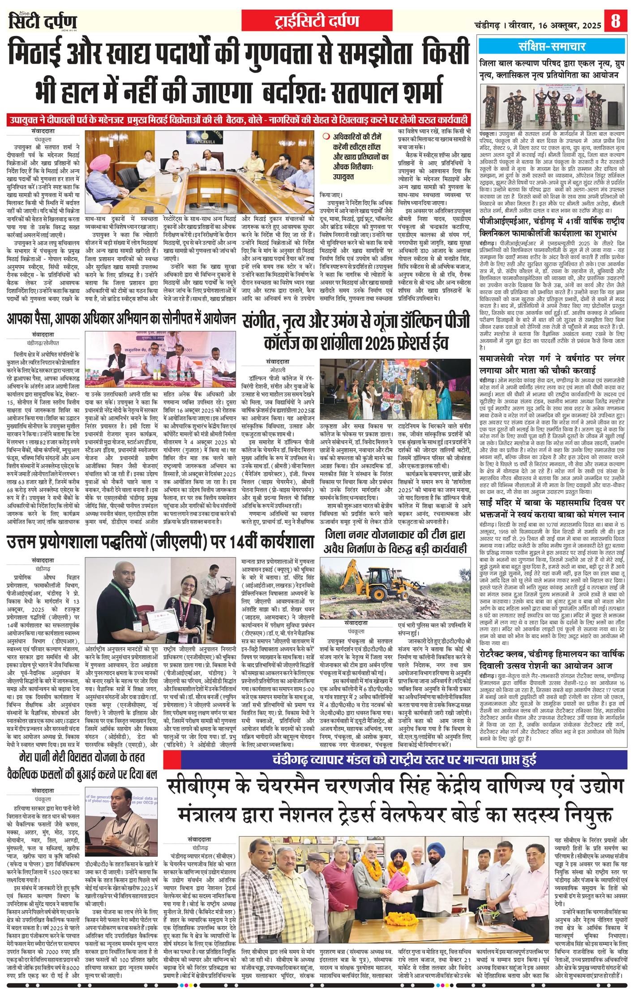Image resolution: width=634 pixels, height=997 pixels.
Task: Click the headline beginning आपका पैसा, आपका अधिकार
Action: coord(121,319)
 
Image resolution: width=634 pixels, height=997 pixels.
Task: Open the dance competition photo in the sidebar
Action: coord(553,106)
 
